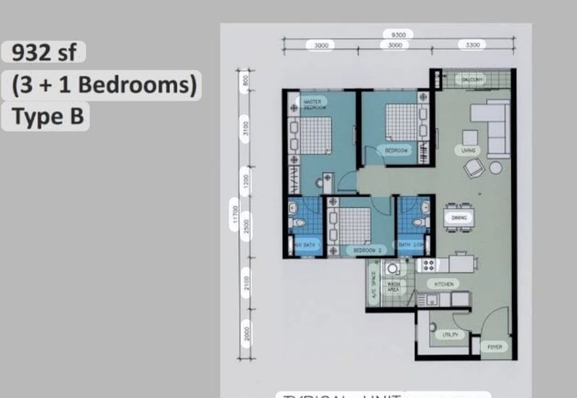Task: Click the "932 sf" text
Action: coord(44,53)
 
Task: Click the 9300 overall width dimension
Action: coord(398,34)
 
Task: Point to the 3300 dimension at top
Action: coord(472,45)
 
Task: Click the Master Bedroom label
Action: coord(313,104)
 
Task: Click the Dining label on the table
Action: coord(459,218)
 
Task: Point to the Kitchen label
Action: coord(444,284)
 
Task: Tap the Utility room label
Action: coord(449,334)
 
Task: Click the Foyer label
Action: coord(495,347)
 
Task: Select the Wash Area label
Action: coord(393,287)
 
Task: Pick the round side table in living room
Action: coord(495,167)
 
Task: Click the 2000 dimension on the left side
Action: coord(246,333)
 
